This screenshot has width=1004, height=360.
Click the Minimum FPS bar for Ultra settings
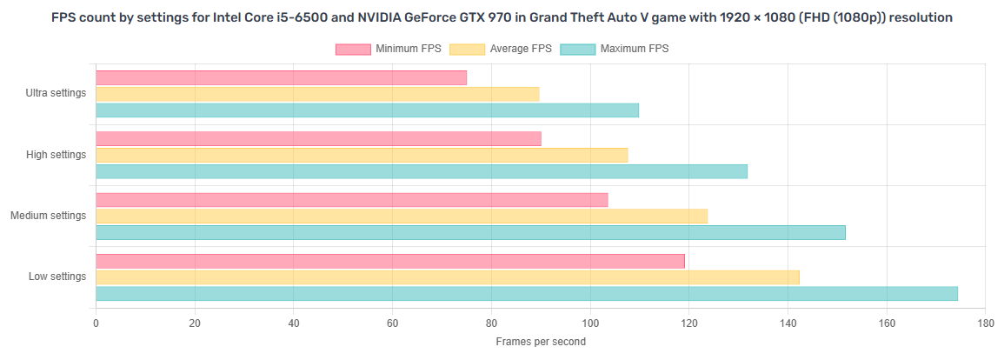[x=281, y=78]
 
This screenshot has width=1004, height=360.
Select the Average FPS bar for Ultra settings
[x=317, y=94]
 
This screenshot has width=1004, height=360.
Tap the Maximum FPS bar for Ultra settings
[x=367, y=110]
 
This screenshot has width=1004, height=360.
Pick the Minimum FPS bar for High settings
[x=318, y=139]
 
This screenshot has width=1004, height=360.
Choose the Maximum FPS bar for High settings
[x=422, y=171]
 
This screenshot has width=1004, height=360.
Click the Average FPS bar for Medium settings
[x=402, y=217]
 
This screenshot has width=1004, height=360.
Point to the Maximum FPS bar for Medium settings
[x=470, y=232]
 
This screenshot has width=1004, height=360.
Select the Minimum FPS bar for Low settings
[x=390, y=261]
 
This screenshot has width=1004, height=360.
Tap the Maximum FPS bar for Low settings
[x=527, y=294]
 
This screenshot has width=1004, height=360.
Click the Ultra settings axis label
[x=57, y=94]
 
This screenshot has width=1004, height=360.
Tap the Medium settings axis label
[x=49, y=216]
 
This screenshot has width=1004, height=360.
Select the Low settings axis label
[x=57, y=277]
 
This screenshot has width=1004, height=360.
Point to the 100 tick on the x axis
[x=590, y=323]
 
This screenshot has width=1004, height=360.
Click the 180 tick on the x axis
[x=985, y=323]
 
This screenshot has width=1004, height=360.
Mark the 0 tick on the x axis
[x=96, y=323]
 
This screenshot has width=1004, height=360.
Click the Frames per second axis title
[x=541, y=342]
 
